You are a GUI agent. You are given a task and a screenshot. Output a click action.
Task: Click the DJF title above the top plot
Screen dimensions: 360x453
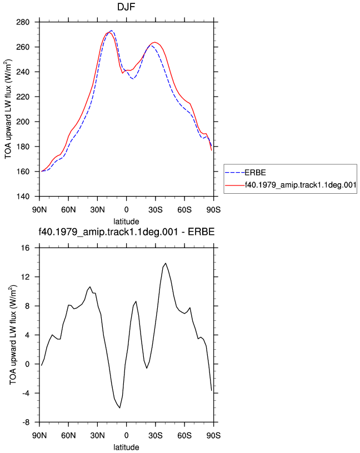126,7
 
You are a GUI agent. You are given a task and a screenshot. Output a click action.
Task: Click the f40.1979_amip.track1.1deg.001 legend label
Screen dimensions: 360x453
301,185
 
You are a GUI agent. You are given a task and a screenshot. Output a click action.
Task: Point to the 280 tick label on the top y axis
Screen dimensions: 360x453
23,22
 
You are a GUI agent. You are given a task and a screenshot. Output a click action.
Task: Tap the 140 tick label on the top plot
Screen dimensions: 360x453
23,197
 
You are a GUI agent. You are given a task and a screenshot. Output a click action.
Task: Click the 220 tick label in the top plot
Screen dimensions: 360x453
23,97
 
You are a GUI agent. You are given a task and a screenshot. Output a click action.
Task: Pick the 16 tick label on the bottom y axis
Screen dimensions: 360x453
25,248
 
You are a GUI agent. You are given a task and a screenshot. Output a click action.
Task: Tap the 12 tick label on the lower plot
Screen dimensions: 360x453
25,277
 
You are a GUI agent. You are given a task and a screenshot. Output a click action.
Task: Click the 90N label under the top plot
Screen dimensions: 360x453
39,210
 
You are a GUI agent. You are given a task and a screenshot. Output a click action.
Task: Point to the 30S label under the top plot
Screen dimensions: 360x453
156,210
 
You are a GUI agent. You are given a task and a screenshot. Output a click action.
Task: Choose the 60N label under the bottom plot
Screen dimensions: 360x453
68,435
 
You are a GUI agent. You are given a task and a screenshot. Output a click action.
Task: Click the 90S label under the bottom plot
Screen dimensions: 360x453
213,435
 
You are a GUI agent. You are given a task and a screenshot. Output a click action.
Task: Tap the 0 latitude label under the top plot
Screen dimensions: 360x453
126,210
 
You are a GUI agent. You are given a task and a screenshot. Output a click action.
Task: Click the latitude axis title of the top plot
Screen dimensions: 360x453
126,222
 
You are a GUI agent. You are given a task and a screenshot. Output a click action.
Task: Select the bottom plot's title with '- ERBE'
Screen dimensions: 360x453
127,232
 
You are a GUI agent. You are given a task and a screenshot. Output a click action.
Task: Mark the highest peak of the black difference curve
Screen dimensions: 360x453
166,263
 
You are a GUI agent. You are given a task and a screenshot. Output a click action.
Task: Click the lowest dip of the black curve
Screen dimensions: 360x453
119,407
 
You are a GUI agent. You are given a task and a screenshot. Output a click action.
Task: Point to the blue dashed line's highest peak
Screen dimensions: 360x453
111,31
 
